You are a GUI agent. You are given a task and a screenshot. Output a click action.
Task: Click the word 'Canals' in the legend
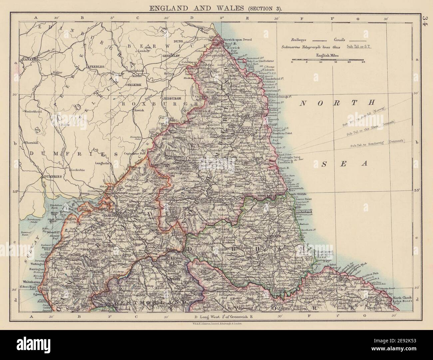[x=337, y=39]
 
